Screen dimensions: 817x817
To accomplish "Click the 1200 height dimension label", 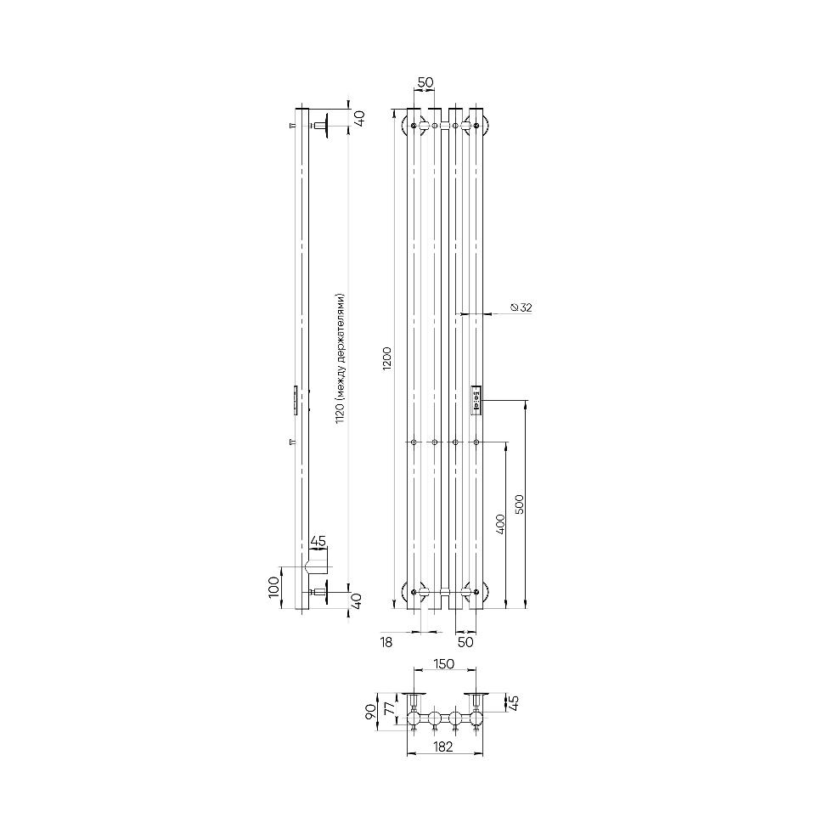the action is [x=386, y=358].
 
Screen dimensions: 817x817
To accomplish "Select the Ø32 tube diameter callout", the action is [x=521, y=307].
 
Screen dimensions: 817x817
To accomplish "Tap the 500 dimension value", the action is [x=519, y=504].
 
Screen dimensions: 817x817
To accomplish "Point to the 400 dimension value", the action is [x=500, y=524].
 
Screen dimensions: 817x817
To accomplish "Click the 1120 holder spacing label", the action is [x=341, y=358].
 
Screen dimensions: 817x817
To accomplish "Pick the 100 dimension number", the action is [x=274, y=588].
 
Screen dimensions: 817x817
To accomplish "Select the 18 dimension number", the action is [x=386, y=642].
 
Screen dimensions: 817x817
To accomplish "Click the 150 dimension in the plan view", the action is [x=443, y=664].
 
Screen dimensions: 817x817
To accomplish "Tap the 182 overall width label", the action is [x=442, y=747].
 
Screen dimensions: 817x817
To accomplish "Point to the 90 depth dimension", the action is [x=371, y=711].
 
